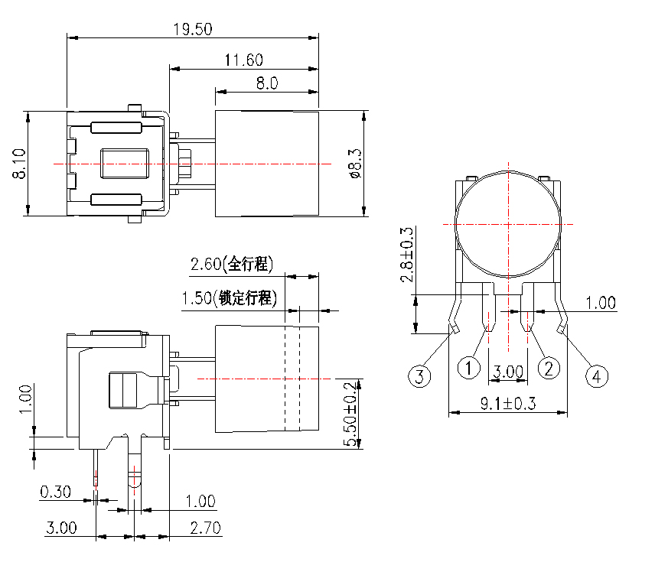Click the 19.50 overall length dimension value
pyautogui.click(x=192, y=29)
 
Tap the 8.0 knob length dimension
pyautogui.click(x=266, y=83)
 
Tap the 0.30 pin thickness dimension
pyautogui.click(x=55, y=492)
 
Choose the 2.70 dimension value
pyautogui.click(x=204, y=528)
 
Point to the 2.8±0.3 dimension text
pyautogui.click(x=407, y=255)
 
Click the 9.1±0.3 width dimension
pyautogui.click(x=508, y=404)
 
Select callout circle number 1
pyautogui.click(x=468, y=368)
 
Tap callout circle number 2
pyautogui.click(x=549, y=369)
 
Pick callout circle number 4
pyautogui.click(x=598, y=375)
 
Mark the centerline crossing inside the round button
pyautogui.click(x=508, y=224)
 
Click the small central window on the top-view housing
pyautogui.click(x=122, y=163)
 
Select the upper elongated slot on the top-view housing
pyautogui.click(x=116, y=128)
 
